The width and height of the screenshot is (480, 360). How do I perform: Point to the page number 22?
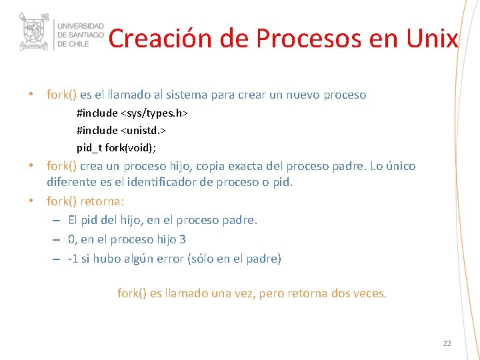pyautogui.click(x=447, y=343)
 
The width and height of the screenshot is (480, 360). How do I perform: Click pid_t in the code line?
pyautogui.click(x=89, y=147)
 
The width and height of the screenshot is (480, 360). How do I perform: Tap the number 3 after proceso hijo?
pyautogui.click(x=183, y=239)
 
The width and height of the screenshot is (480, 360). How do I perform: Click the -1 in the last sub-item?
pyautogui.click(x=73, y=259)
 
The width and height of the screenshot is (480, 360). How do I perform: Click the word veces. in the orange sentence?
pyautogui.click(x=369, y=293)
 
